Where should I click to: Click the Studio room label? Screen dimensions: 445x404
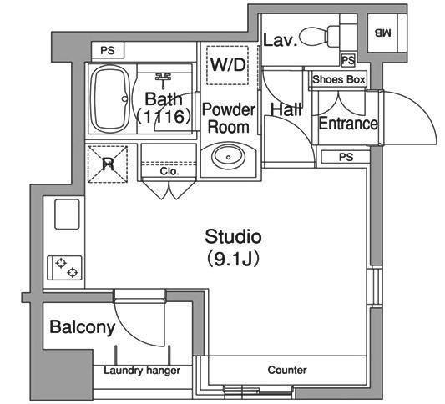(233, 236)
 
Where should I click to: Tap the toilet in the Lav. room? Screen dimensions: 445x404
(320, 36)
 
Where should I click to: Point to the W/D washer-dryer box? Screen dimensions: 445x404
(228, 65)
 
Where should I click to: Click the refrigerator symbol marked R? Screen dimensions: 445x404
(108, 164)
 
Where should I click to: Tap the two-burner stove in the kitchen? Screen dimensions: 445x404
(65, 268)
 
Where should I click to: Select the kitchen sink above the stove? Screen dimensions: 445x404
(67, 215)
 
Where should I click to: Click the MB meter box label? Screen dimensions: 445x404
(382, 33)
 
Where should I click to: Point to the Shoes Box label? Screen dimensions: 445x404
(339, 79)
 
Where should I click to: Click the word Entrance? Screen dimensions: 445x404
(348, 124)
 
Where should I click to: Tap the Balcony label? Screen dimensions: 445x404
(83, 327)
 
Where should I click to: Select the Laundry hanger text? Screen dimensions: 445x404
(142, 371)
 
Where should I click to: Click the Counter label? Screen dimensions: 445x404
(287, 370)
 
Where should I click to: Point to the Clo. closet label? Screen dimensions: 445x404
(169, 171)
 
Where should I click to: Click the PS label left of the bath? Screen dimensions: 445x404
(108, 50)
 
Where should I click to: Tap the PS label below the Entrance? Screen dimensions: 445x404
(346, 157)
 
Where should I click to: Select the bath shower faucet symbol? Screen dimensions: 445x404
(163, 80)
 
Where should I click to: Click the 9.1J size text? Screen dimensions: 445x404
(232, 259)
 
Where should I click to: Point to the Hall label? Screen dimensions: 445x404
(286, 109)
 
